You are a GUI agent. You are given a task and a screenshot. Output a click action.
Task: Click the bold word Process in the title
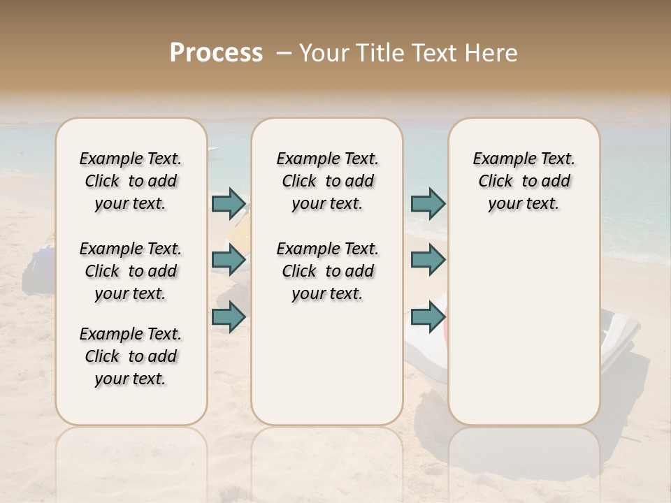point(216,52)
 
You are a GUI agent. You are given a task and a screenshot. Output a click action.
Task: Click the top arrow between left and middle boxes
point(229,203)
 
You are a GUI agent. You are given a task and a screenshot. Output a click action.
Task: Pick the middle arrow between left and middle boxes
point(229,260)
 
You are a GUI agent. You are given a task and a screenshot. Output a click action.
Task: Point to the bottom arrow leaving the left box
point(229,316)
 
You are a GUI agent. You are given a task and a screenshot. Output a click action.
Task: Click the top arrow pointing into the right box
point(428,203)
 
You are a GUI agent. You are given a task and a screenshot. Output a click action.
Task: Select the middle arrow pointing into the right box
point(428,260)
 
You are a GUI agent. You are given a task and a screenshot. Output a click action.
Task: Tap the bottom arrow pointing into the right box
point(428,316)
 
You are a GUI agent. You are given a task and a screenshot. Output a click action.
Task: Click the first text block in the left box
point(131,181)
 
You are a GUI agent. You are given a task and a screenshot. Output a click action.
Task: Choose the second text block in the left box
point(131,271)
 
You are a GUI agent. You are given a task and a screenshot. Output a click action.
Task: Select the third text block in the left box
point(131,356)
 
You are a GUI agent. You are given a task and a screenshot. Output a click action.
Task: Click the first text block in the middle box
point(327,181)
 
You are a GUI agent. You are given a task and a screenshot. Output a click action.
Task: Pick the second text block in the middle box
point(327,271)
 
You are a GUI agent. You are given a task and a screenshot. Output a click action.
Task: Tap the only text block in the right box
point(524,181)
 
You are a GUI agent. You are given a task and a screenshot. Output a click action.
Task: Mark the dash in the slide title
point(283,52)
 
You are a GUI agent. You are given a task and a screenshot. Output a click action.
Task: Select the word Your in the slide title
point(324,52)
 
